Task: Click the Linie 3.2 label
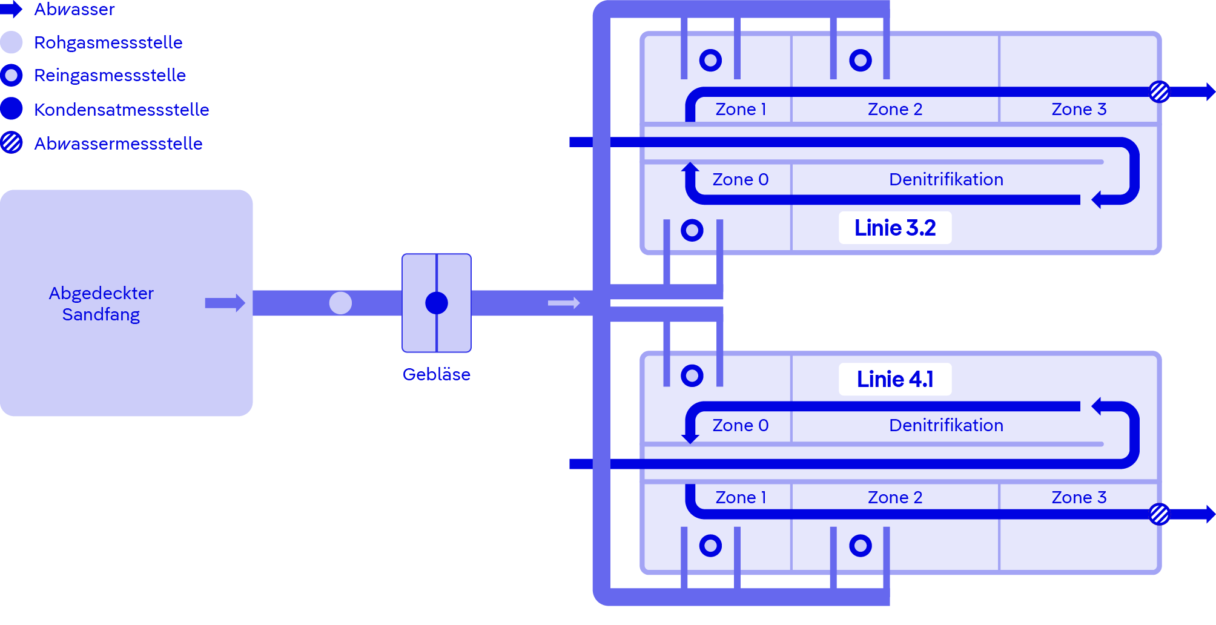894,228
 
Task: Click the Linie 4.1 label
894,380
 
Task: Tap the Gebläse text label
436,374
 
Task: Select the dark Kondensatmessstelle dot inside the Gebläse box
436,303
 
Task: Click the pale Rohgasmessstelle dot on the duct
340,303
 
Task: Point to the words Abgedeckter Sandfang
101,303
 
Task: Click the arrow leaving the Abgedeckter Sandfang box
225,303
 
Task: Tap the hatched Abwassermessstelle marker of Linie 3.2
1159,92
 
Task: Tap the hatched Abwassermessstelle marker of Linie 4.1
1159,514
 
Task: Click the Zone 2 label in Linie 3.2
894,110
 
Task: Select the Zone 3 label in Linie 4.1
1079,498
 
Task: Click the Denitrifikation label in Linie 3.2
946,180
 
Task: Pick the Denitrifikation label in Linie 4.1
946,426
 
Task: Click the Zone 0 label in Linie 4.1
740,426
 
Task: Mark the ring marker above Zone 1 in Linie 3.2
710,60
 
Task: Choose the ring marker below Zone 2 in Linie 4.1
860,546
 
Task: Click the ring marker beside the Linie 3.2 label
692,230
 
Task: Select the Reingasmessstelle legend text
110,76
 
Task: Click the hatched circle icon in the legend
12,143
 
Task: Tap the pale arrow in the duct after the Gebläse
564,303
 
